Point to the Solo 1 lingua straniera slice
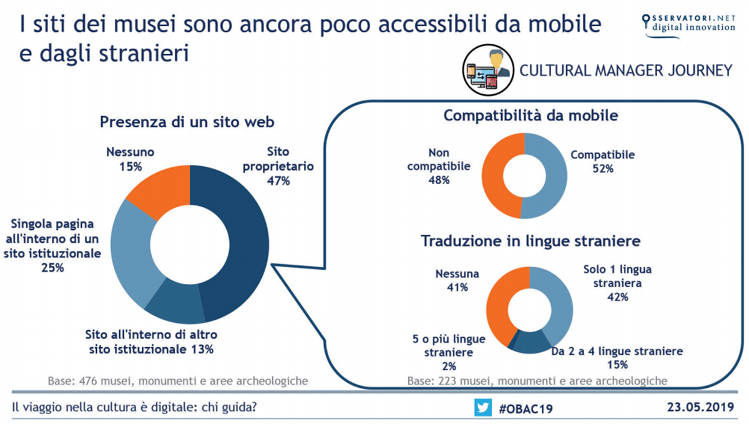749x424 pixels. (559, 301)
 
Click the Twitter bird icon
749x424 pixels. (483, 407)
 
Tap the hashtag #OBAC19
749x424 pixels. (526, 408)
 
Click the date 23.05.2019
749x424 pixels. (700, 407)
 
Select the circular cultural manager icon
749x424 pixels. (488, 70)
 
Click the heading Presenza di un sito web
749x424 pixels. (187, 122)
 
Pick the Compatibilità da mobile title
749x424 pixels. (531, 116)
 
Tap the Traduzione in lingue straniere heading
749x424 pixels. (531, 241)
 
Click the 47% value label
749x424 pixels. (278, 181)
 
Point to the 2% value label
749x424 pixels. (449, 366)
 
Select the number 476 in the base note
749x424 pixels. (88, 381)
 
